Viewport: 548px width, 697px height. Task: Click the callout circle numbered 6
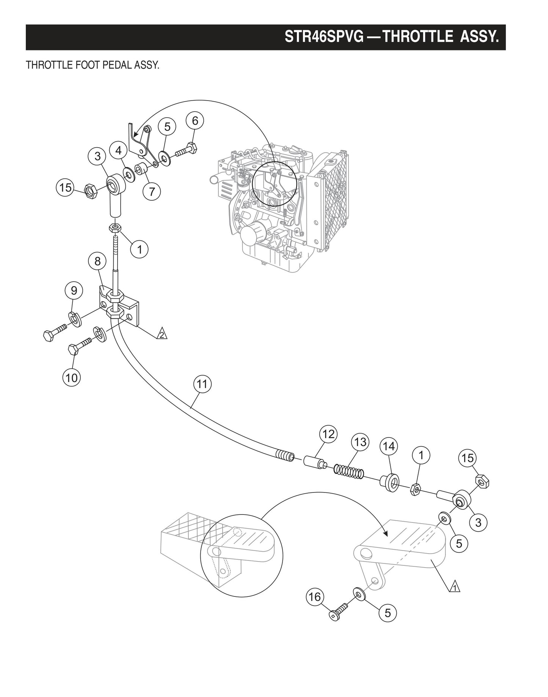point(195,121)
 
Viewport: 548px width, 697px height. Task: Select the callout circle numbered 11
point(202,384)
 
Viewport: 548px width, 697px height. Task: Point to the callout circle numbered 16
point(315,597)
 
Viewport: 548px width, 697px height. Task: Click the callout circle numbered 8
point(97,261)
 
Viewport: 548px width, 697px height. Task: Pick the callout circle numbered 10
point(72,378)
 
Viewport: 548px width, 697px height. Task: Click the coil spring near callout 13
point(349,472)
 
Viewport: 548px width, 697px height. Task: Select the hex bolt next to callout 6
point(186,151)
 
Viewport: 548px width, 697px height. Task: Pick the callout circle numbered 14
point(389,447)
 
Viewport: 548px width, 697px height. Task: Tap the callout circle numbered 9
point(74,291)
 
